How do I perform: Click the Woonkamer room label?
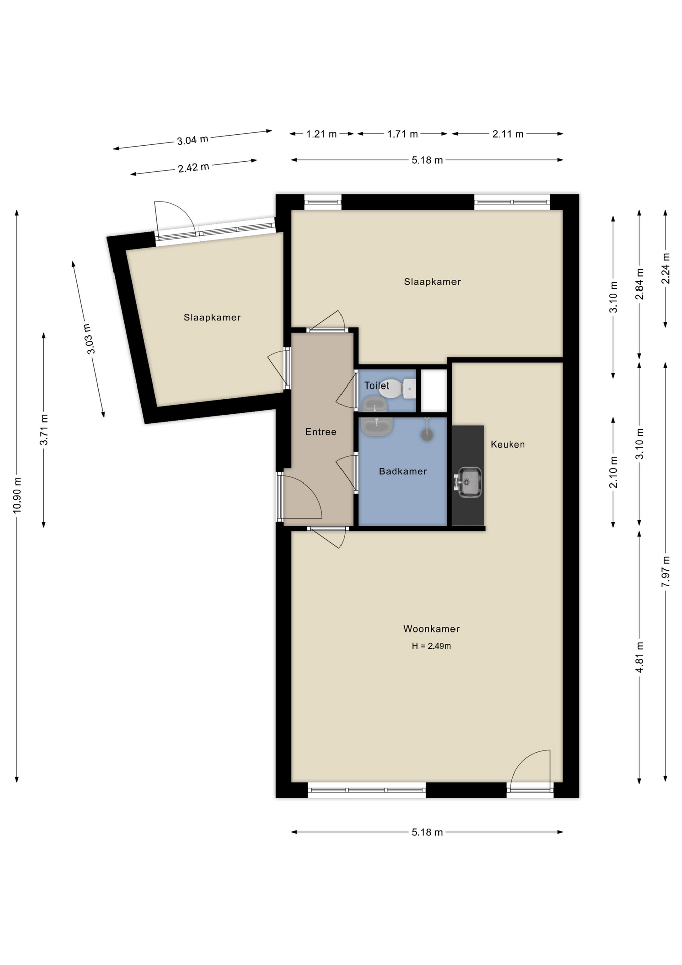coord(431,629)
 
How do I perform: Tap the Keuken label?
coord(508,444)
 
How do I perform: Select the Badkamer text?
coord(403,471)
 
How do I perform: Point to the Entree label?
coord(321,432)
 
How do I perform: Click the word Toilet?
coord(377,385)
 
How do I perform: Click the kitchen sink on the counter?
coord(468,482)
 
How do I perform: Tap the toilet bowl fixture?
coord(397,389)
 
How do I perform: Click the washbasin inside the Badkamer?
coord(376,427)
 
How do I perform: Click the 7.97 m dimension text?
coord(666,571)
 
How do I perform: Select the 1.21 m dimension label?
coord(322,134)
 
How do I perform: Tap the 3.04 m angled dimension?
coord(193,140)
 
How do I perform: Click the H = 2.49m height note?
coord(431,646)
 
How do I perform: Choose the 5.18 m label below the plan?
coord(427,832)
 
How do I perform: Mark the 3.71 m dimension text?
coord(44,430)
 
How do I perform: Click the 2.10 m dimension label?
coord(613,472)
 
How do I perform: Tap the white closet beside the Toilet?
coord(434,391)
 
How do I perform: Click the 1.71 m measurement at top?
coord(402,134)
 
